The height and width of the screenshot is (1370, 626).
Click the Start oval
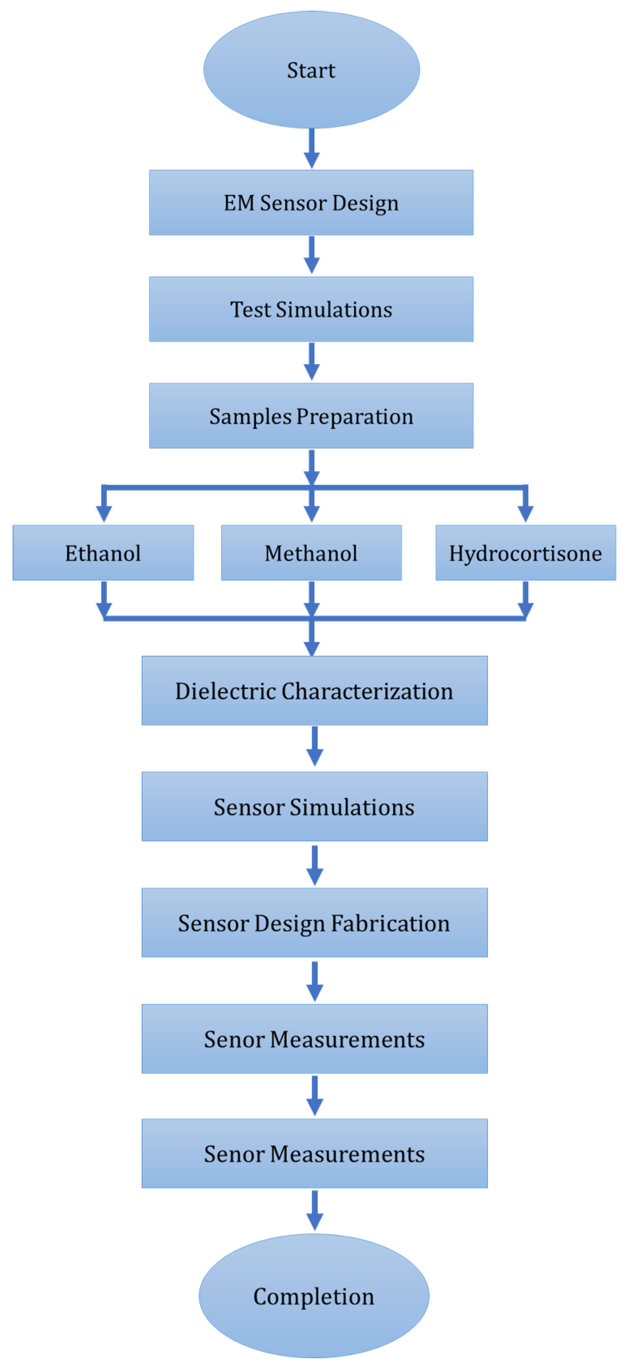[311, 70]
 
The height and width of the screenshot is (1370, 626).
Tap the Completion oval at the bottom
[314, 1296]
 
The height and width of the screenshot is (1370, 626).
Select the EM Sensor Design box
[311, 203]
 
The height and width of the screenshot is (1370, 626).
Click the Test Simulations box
[311, 309]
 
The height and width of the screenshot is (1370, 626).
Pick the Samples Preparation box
[311, 415]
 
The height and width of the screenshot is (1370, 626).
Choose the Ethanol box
[103, 552]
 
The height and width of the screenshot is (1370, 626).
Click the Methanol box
[311, 552]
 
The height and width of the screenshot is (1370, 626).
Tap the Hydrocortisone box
[525, 552]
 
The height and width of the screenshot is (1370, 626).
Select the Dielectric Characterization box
[314, 690]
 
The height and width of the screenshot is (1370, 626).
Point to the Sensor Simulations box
[314, 806]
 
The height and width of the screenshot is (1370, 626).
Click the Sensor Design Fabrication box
[314, 922]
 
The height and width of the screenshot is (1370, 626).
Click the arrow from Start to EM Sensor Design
[312, 149]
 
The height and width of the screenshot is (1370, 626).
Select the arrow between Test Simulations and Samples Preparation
[312, 361]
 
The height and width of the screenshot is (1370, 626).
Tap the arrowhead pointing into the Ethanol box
[104, 513]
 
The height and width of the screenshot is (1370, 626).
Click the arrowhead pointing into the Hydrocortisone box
[525, 513]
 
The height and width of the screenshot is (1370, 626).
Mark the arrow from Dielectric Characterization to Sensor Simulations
[315, 746]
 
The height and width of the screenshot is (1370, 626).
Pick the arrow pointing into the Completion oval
[315, 1210]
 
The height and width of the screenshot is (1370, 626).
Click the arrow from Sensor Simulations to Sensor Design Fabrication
[315, 865]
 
